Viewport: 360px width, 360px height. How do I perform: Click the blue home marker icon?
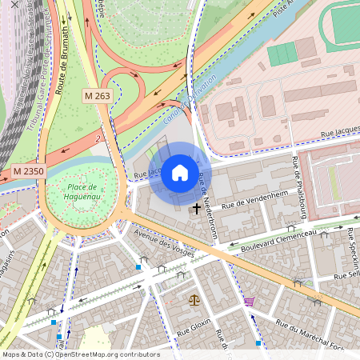(180, 173)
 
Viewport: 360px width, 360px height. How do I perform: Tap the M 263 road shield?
(98, 96)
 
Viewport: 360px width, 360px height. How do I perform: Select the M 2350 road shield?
(28, 171)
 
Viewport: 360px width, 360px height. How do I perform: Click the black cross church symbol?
(196, 209)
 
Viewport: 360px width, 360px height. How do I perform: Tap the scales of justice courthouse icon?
(194, 300)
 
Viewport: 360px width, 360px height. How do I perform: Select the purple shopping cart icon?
(250, 302)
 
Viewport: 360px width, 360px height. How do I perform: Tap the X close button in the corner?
(13, 5)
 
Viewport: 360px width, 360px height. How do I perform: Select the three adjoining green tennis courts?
(282, 54)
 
